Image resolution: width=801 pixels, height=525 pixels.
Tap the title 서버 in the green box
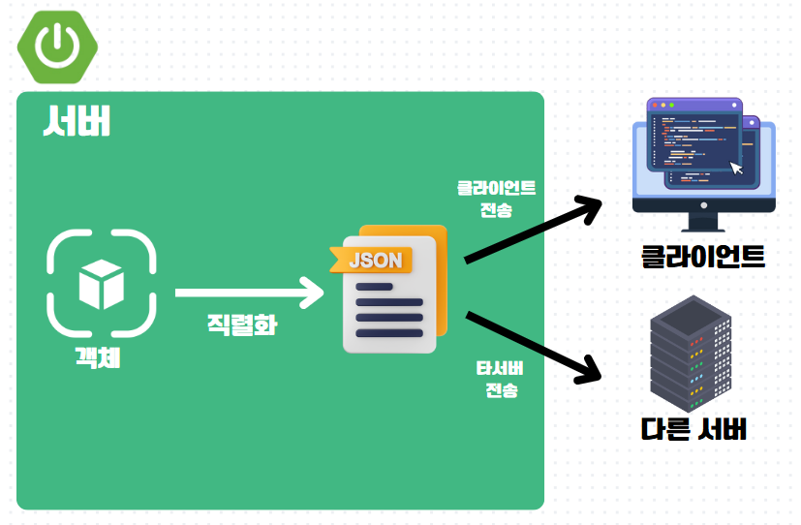pos(77,122)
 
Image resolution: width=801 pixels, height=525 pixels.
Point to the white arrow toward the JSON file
pos(249,292)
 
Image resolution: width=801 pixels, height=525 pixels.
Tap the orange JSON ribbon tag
pos(372,260)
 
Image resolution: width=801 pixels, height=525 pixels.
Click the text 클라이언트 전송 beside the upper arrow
pos(497,198)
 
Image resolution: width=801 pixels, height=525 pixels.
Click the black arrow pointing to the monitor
pos(532,231)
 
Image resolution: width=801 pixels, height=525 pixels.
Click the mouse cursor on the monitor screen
pos(737,169)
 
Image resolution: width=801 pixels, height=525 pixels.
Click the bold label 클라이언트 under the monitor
pos(703,257)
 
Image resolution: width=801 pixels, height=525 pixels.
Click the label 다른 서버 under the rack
pos(693,429)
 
